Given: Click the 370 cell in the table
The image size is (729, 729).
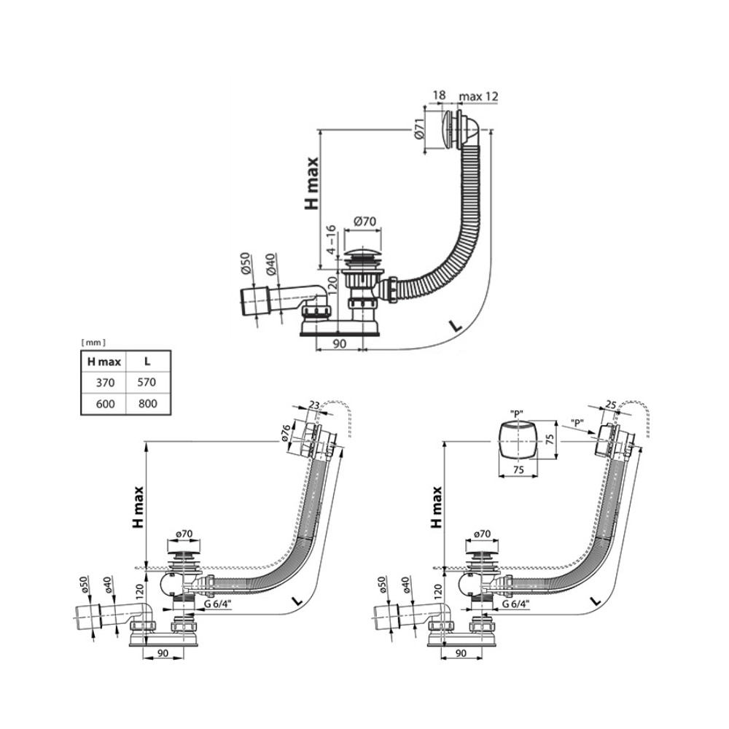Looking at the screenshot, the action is coord(105,383).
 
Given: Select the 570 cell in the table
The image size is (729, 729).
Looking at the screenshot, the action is coord(147,382).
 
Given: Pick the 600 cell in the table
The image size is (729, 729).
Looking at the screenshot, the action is coord(106,404).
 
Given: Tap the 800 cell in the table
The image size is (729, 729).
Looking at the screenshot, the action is coord(147,403).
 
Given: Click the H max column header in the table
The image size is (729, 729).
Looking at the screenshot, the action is coord(104,362).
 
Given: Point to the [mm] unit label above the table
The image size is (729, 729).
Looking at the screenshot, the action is coord(93,343).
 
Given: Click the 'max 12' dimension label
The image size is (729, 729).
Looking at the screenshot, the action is coord(478,96).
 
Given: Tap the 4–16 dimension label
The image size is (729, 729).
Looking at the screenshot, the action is coord(330,239).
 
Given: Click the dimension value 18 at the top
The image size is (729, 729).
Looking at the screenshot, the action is coord(439,95).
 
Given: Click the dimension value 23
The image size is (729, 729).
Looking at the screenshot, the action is coord(315,405).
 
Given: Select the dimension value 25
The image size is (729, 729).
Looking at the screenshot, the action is coord(611,405).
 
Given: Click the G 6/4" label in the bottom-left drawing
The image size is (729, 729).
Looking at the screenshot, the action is coord(219,604).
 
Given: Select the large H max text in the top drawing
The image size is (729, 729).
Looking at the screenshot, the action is coord(311,183).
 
